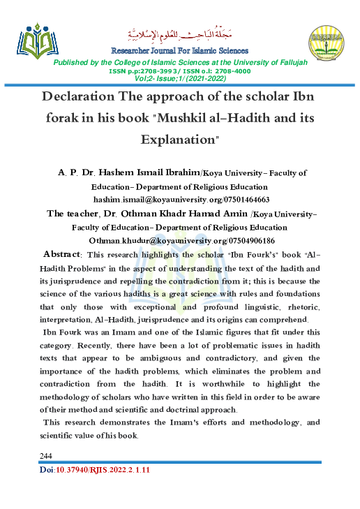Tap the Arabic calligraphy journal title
click(179, 34)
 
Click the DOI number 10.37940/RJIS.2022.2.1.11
click(104, 470)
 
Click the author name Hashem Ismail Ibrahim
click(158, 172)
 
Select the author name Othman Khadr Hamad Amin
click(177, 213)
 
